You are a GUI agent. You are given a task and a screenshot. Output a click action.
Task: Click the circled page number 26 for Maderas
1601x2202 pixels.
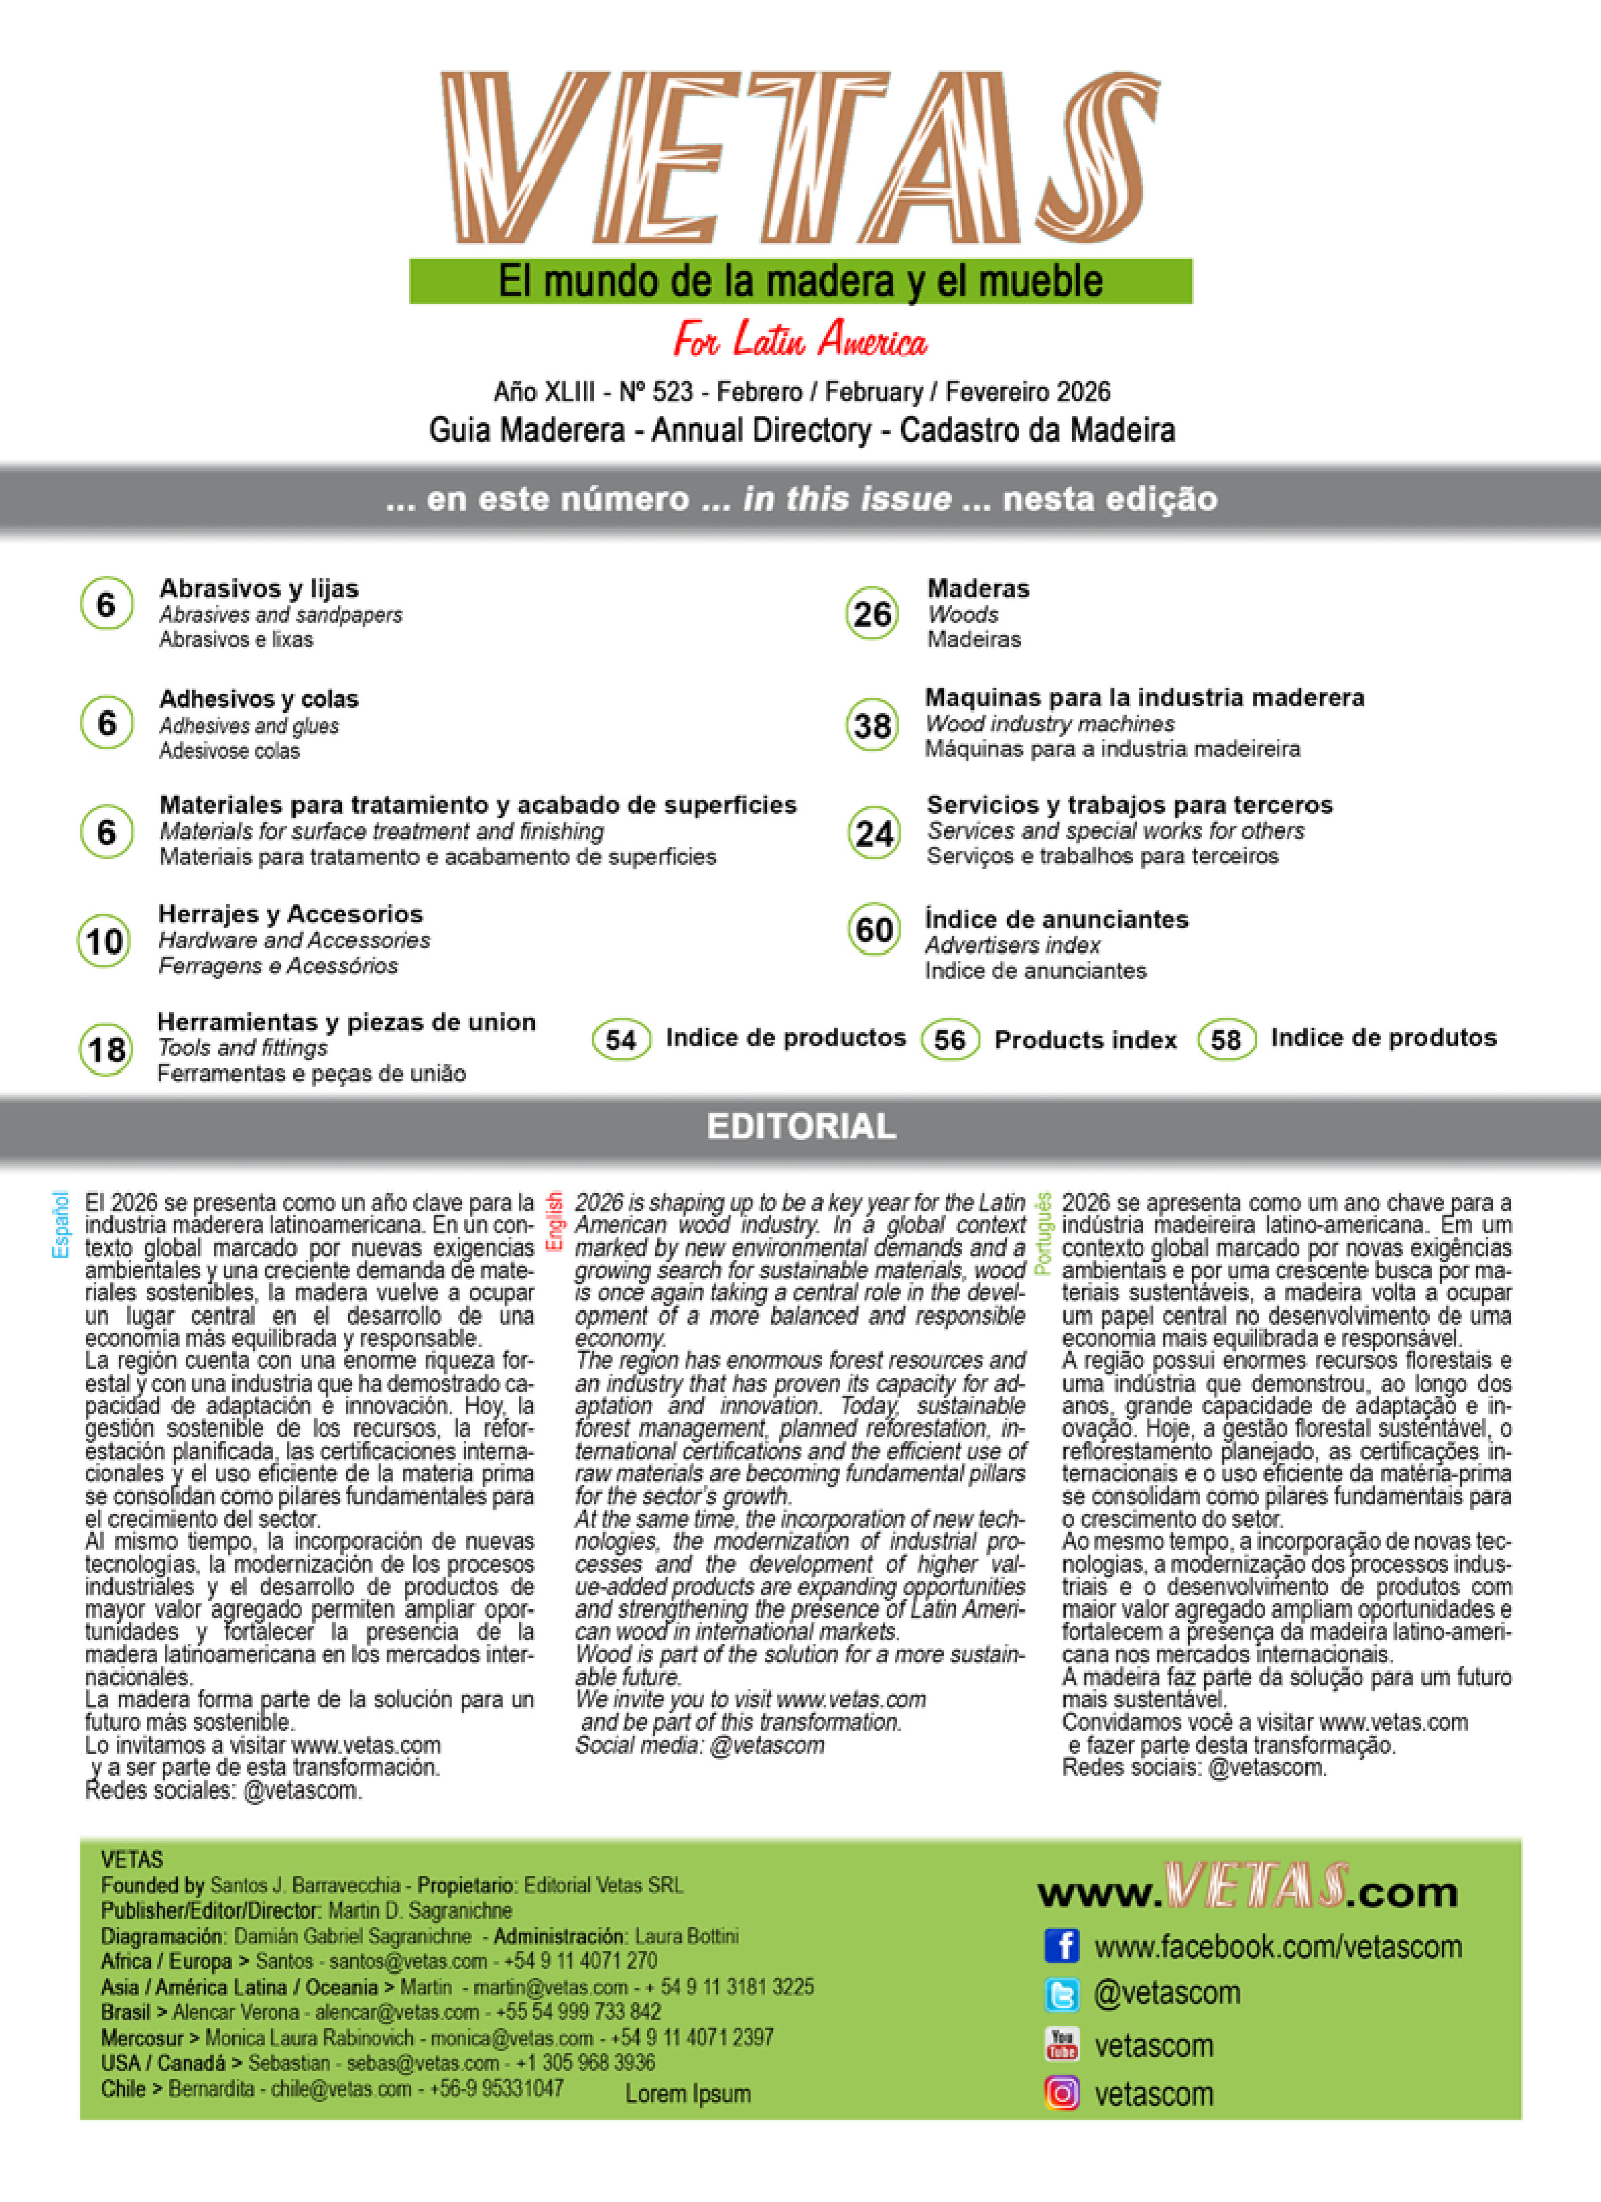tap(872, 614)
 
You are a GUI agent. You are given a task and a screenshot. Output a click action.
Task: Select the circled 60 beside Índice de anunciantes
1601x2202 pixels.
tap(874, 930)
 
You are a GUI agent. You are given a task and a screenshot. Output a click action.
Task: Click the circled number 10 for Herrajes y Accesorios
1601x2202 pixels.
tap(104, 941)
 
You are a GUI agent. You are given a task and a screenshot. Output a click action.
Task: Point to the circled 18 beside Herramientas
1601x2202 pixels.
tap(106, 1049)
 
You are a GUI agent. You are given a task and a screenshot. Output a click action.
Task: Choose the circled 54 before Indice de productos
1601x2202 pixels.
tap(620, 1040)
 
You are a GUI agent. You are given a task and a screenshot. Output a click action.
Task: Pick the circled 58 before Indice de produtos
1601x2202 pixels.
tap(1226, 1040)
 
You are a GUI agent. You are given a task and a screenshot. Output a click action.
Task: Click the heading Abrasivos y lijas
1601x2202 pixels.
tap(258, 588)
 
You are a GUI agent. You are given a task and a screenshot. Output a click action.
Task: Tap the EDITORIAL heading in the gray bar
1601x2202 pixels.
tap(800, 1126)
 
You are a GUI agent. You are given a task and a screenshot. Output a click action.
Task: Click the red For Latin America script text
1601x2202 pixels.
tap(800, 340)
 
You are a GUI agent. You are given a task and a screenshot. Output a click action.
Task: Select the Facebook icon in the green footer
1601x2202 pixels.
tap(1062, 1946)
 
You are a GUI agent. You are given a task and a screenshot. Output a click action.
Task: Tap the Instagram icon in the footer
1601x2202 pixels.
tap(1062, 2094)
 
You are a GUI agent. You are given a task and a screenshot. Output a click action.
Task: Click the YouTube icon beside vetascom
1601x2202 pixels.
tap(1062, 2044)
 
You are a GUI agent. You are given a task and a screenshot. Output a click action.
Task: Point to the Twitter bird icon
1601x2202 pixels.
tap(1062, 1995)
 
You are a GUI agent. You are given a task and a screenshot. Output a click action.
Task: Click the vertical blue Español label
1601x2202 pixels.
tap(60, 1224)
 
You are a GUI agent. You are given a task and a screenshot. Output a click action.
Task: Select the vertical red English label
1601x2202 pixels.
tap(554, 1222)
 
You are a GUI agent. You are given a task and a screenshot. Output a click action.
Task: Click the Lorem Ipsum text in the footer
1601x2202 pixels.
tap(687, 2094)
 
